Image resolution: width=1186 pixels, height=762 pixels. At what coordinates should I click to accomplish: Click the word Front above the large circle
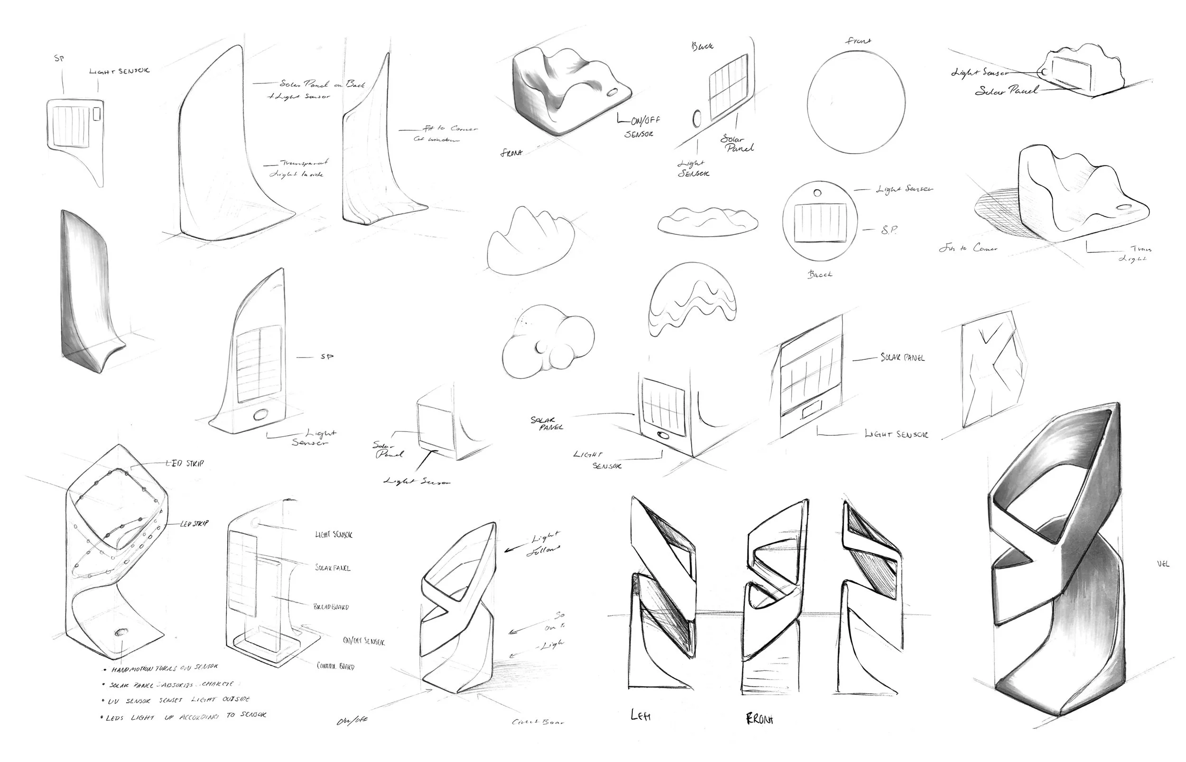pyautogui.click(x=858, y=41)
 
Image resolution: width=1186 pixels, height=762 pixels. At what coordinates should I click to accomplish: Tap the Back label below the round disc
pyautogui.click(x=820, y=274)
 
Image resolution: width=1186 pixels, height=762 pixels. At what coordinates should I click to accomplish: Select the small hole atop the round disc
pyautogui.click(x=817, y=193)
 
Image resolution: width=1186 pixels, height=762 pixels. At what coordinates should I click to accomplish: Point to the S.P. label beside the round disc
pyautogui.click(x=889, y=230)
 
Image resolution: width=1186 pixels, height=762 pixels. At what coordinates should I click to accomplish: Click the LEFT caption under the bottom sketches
pyautogui.click(x=640, y=715)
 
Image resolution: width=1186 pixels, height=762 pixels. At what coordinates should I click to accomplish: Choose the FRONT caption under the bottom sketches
pyautogui.click(x=760, y=718)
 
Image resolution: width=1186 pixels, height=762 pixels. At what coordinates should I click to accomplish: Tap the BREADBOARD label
pyautogui.click(x=331, y=606)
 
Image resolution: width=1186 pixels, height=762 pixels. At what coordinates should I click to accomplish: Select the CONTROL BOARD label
pyautogui.click(x=335, y=666)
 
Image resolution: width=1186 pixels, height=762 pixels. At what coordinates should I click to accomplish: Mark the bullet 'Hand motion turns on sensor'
pyautogui.click(x=163, y=669)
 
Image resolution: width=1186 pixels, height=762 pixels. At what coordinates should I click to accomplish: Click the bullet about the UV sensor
pyautogui.click(x=178, y=700)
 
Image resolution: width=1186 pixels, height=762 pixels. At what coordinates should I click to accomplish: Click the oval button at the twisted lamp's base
pyautogui.click(x=120, y=633)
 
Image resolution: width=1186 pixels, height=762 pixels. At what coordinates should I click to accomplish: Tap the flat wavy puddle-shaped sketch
pyautogui.click(x=707, y=221)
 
